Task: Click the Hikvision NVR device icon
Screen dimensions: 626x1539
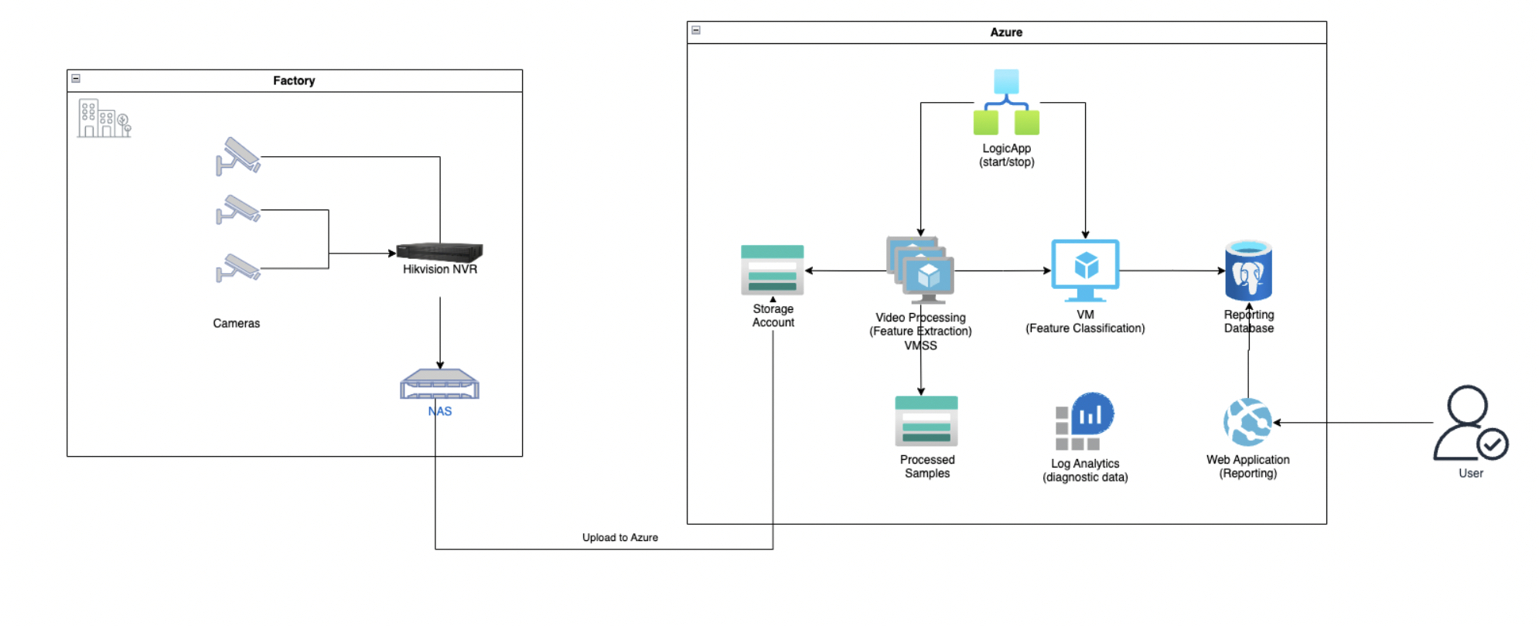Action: coord(439,252)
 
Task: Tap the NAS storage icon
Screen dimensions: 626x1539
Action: coord(439,383)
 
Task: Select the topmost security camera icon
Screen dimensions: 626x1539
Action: coord(238,156)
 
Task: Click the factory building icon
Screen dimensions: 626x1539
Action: coord(104,118)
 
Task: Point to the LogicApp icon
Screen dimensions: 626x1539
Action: coord(1006,103)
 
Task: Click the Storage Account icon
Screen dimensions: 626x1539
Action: coord(772,270)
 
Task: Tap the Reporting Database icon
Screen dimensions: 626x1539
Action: coord(1248,270)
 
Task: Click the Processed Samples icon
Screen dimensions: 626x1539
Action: coord(926,421)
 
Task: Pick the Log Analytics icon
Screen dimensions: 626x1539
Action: coord(1084,422)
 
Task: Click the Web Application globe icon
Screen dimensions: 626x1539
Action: coord(1247,422)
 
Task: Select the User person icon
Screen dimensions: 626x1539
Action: coord(1469,424)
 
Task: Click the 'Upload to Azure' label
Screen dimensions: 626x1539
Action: coord(619,538)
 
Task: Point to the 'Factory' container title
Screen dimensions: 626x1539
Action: coord(294,80)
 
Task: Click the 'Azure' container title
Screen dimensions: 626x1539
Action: coord(1006,32)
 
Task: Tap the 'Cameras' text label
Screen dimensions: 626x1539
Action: coord(236,323)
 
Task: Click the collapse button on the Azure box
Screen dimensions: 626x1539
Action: coord(696,30)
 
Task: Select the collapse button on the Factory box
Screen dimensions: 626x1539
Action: coord(76,78)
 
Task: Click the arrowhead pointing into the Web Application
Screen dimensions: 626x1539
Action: coord(1277,423)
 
